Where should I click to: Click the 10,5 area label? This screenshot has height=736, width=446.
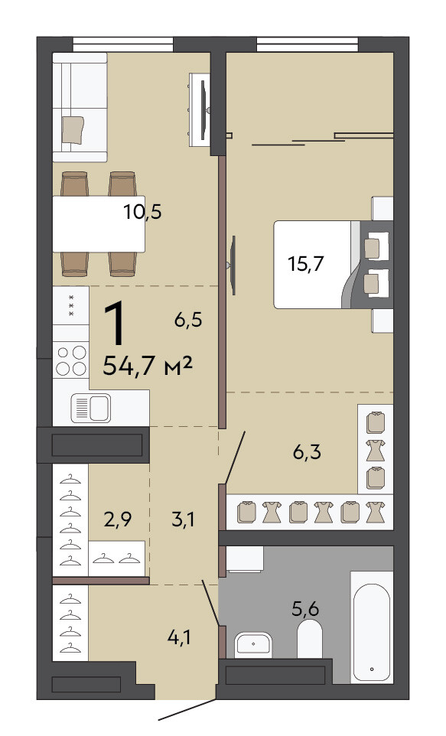click(x=143, y=212)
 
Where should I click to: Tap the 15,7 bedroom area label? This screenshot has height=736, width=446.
click(x=306, y=263)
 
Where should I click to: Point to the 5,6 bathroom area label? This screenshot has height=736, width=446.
click(x=306, y=609)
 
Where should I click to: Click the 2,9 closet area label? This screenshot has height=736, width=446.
click(x=117, y=519)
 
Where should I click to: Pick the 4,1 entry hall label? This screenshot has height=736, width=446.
click(x=179, y=637)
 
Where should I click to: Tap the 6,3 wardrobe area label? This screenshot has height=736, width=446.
click(x=307, y=452)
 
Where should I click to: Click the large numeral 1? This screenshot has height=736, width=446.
click(x=116, y=324)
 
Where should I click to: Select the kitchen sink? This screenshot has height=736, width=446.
click(x=90, y=408)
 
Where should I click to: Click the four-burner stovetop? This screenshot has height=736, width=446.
click(x=71, y=360)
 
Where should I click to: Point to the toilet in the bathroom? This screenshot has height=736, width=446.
click(x=309, y=639)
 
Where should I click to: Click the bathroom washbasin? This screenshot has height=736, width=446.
click(x=253, y=644)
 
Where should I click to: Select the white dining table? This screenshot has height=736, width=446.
click(x=99, y=224)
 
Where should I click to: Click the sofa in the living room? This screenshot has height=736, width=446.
click(x=80, y=107)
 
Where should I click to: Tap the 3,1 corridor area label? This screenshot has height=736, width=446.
click(x=183, y=519)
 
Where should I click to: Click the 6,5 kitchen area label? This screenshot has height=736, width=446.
click(x=187, y=320)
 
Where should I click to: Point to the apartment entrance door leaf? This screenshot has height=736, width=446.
click(x=187, y=710)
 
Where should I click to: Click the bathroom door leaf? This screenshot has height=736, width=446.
click(x=211, y=603)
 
